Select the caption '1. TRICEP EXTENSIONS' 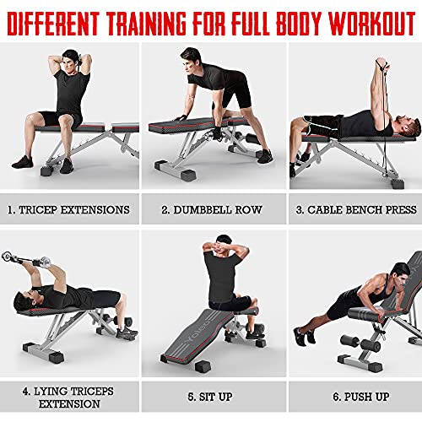[70, 209]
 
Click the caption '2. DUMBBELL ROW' [211, 209]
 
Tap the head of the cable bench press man [403, 131]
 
